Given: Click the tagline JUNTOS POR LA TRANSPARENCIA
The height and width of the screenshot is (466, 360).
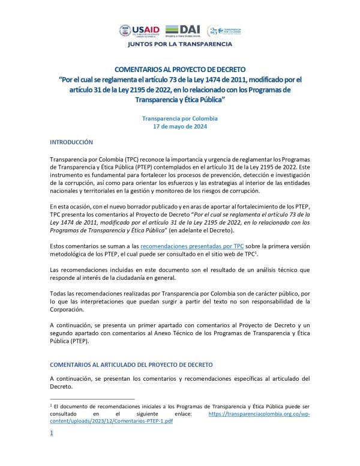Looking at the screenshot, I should [179, 44].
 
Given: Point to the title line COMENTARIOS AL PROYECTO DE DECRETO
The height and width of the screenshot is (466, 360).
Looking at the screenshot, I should [180, 70].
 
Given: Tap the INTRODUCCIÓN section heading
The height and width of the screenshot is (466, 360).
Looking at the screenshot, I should [71, 142].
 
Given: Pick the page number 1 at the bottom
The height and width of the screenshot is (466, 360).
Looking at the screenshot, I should [52, 432].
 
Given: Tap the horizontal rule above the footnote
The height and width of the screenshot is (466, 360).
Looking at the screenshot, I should [92, 399].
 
